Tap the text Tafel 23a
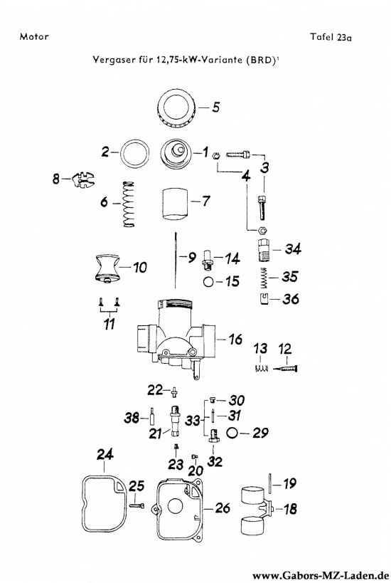tap(331, 37)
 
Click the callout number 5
tap(215, 108)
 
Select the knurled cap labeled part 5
tap(176, 110)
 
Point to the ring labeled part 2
tap(133, 152)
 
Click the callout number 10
tap(140, 268)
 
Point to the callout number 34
tap(292, 249)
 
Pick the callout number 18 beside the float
tap(291, 509)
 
